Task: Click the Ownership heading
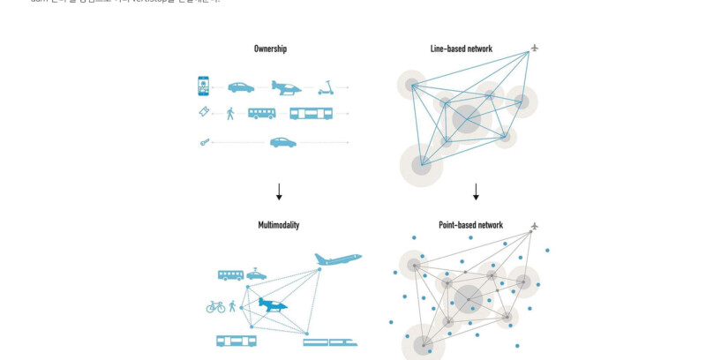click(x=270, y=49)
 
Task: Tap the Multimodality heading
click(x=278, y=225)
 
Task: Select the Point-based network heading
click(x=470, y=225)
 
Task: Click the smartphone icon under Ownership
click(x=204, y=86)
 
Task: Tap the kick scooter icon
click(x=326, y=87)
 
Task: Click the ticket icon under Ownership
click(x=204, y=112)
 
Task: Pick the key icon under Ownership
click(x=204, y=141)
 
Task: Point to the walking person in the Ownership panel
click(x=230, y=113)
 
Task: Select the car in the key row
click(x=283, y=141)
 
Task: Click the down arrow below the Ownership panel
click(x=279, y=191)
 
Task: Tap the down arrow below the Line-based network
click(x=476, y=191)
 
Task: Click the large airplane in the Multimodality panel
click(x=338, y=259)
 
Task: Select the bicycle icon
click(x=215, y=307)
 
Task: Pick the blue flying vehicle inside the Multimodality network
click(x=274, y=304)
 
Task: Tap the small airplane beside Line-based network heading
click(x=534, y=48)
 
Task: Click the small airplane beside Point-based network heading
click(x=534, y=226)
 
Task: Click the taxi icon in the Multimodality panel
click(x=256, y=274)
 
